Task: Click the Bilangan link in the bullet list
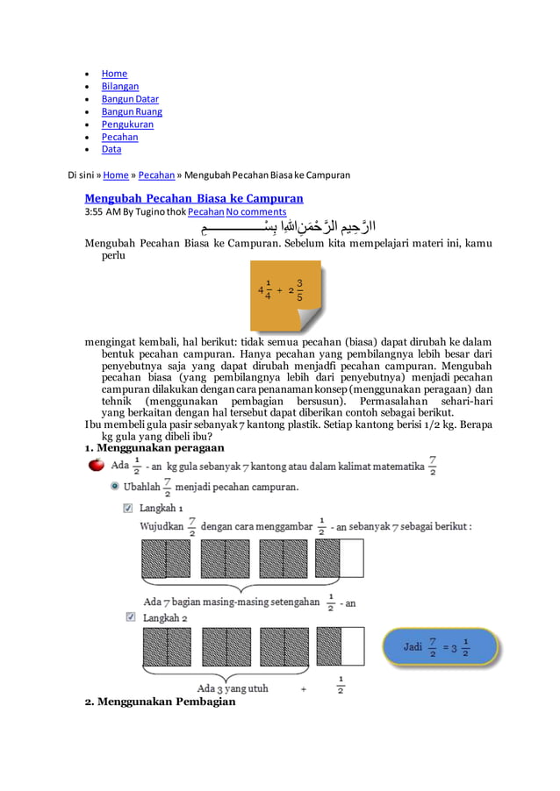click(x=119, y=86)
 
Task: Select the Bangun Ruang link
click(x=132, y=111)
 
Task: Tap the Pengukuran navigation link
click(x=127, y=125)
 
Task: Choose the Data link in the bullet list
click(x=111, y=149)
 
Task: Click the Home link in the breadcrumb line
click(x=115, y=175)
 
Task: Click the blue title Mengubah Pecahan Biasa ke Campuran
click(x=193, y=198)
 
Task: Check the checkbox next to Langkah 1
click(x=128, y=508)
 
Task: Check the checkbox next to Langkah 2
click(x=128, y=617)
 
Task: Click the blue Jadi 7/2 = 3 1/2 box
click(x=439, y=647)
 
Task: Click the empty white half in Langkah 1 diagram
click(x=352, y=559)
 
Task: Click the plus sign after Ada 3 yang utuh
click(x=304, y=688)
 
